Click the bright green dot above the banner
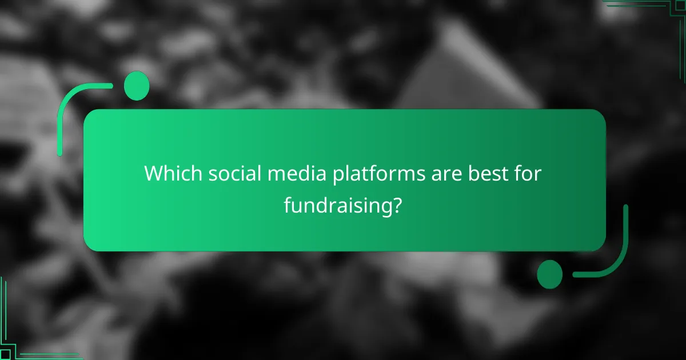[136, 86]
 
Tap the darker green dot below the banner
[550, 274]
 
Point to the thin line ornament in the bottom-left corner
[23, 343]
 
